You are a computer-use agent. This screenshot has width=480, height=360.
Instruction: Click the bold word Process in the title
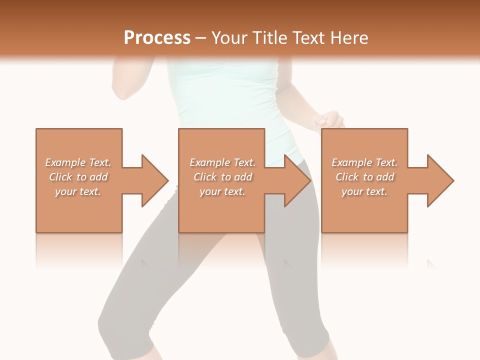157,38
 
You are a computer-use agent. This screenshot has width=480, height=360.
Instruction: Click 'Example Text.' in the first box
78,162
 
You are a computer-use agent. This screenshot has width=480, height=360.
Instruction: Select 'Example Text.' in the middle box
222,162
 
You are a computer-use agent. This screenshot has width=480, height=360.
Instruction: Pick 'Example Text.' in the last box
364,162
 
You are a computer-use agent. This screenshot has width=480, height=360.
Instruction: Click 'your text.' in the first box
78,191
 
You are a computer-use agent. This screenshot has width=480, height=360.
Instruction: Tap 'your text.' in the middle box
222,191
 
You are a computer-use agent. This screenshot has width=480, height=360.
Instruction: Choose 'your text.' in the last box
364,191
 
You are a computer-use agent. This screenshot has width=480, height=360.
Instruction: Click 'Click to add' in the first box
78,177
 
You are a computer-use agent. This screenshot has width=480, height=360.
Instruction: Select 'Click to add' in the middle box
222,177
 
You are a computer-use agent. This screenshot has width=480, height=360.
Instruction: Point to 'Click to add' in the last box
364,177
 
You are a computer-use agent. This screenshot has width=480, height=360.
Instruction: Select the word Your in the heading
229,38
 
